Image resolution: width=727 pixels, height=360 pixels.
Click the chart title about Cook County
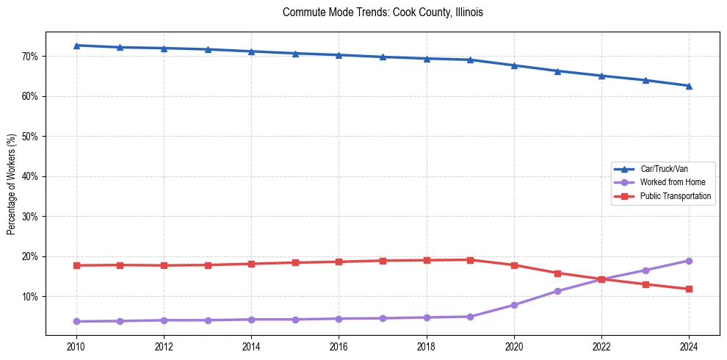[383, 12]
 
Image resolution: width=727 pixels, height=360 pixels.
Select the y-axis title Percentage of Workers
[12, 184]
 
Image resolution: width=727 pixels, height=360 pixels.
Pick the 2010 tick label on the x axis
[76, 346]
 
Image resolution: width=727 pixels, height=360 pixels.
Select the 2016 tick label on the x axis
[339, 346]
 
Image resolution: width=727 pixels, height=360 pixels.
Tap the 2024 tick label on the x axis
[689, 346]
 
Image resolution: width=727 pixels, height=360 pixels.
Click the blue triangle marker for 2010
[76, 46]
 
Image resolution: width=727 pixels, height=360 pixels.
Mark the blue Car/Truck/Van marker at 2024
[689, 86]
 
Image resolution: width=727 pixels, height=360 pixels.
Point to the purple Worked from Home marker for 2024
[689, 261]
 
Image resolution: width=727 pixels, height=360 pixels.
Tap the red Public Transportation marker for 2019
[470, 259]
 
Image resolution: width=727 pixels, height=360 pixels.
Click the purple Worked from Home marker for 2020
[514, 305]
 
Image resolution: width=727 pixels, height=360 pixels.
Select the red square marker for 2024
[689, 289]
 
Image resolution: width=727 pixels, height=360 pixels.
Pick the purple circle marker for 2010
[76, 321]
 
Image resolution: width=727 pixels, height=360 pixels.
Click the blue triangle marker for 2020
[514, 65]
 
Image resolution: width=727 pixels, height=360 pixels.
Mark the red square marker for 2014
[251, 264]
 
